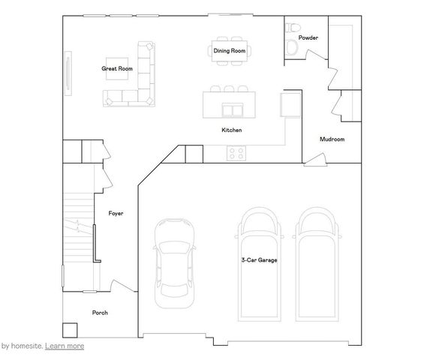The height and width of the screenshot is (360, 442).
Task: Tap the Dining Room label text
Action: [229, 50]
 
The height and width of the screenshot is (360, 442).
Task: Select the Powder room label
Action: [308, 37]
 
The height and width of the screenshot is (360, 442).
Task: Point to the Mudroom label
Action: [332, 139]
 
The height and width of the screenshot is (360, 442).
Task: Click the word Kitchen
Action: [231, 130]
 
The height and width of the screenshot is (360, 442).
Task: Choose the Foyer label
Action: [116, 213]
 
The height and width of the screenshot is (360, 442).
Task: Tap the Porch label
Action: [100, 312]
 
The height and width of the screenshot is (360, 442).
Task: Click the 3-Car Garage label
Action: [260, 261]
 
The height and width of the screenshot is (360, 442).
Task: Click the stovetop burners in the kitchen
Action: [237, 152]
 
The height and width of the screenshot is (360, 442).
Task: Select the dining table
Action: [229, 50]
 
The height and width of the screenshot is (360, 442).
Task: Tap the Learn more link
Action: [65, 346]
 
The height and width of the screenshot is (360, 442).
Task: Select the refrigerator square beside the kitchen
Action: [290, 104]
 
